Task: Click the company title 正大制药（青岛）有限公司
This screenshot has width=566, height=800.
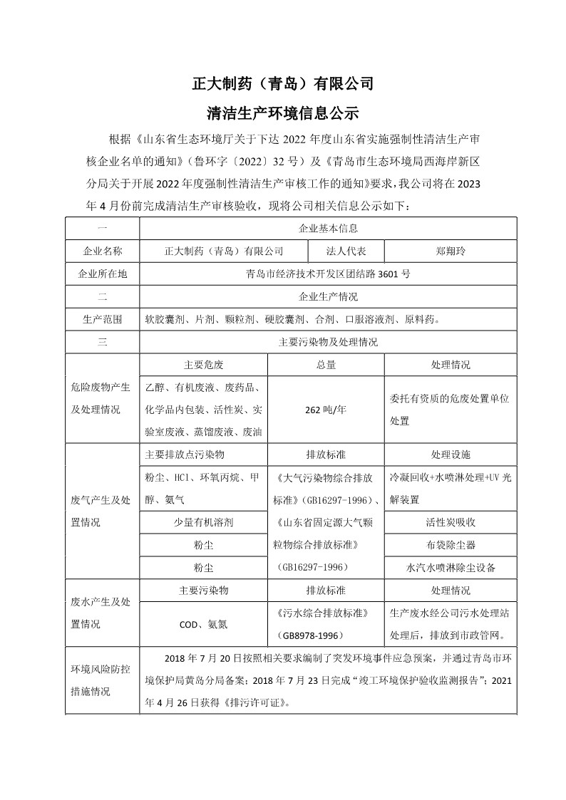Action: coord(283,83)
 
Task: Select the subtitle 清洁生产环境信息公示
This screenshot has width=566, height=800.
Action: coord(283,113)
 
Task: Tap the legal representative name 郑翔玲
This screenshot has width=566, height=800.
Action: coord(450,251)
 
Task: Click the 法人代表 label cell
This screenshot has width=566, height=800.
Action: coord(346,251)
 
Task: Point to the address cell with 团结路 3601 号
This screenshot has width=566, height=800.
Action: coord(327,274)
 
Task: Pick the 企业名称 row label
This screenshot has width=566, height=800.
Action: coord(103,251)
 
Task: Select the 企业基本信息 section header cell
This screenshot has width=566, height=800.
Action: coord(327,229)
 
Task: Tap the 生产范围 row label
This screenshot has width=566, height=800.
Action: coord(103,319)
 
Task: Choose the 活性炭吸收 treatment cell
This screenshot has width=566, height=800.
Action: coord(450,522)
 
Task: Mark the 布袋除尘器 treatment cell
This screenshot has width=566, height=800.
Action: coord(450,545)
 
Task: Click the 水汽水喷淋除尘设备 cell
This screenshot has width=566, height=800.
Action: coord(450,568)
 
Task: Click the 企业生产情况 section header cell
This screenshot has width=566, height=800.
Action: coord(327,296)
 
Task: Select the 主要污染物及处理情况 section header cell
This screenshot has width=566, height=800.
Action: coord(327,342)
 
